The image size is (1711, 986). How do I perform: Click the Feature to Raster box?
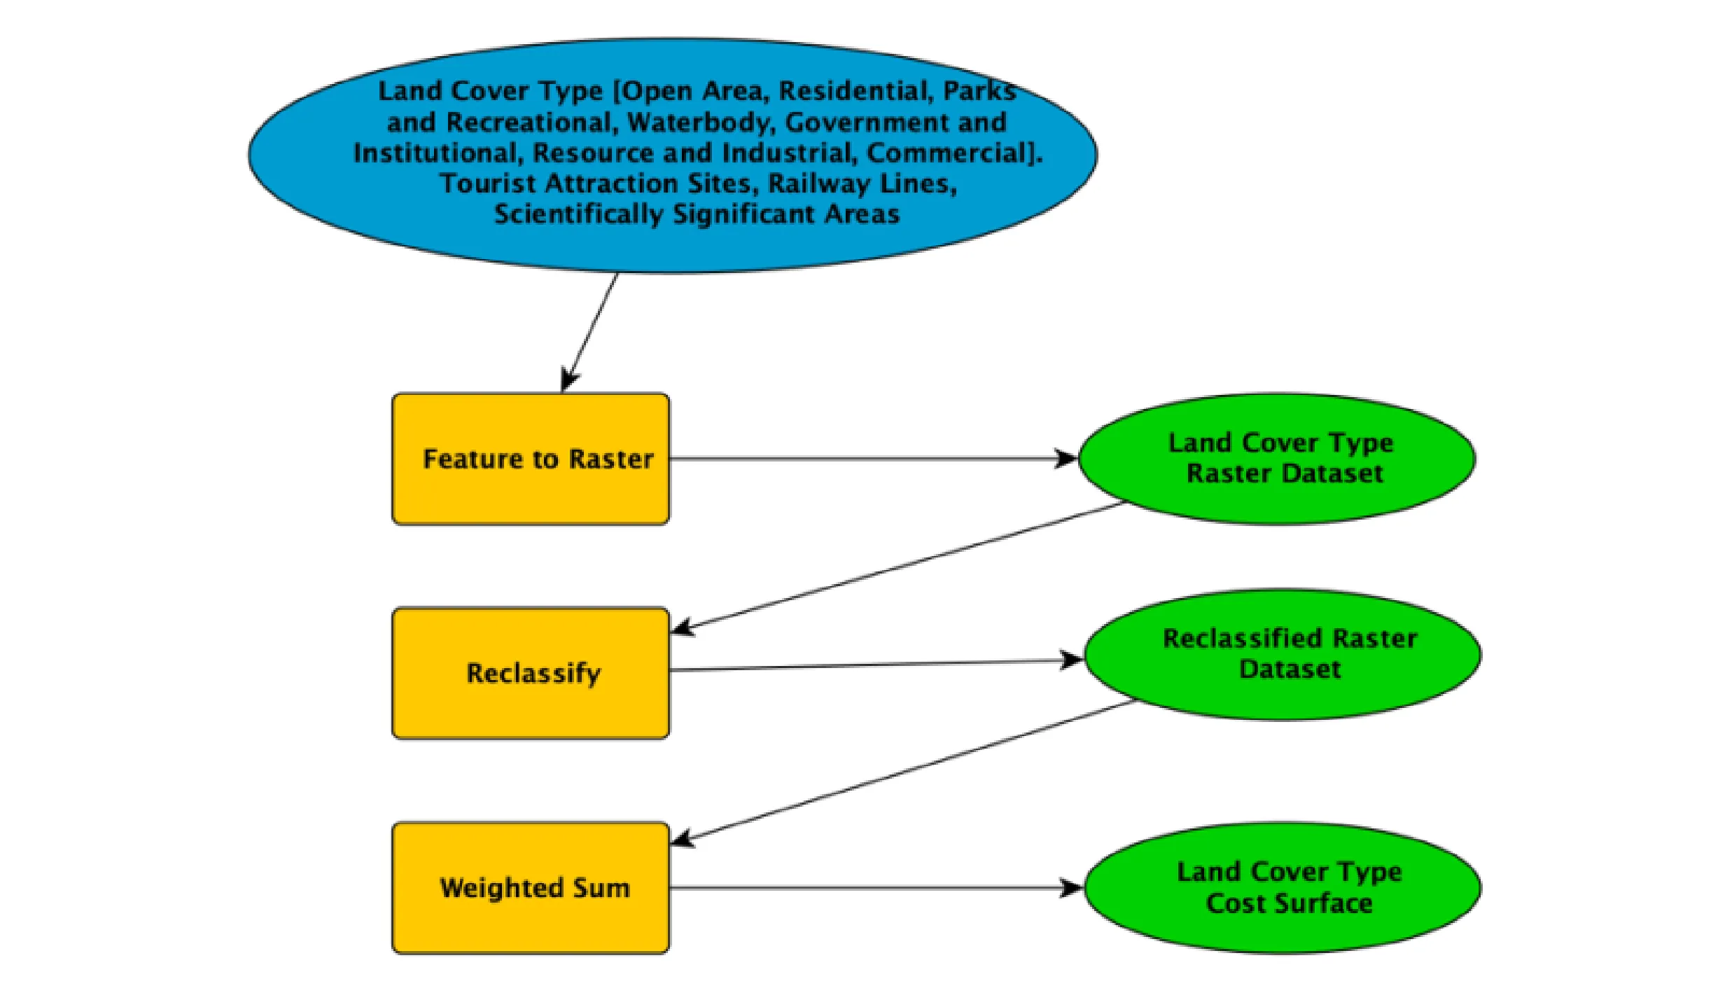pyautogui.click(x=530, y=459)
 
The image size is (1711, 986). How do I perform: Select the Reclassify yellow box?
pyautogui.click(x=530, y=673)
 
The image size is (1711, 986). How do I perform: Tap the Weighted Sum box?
pyautogui.click(x=530, y=887)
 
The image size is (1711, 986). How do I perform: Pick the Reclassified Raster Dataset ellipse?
pyautogui.click(x=1283, y=653)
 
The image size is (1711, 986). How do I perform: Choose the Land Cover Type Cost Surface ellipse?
pyautogui.click(x=1283, y=887)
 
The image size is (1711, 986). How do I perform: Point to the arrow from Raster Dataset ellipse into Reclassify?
pyautogui.click(x=896, y=566)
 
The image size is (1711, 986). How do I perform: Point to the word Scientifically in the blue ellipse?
pyautogui.click(x=578, y=214)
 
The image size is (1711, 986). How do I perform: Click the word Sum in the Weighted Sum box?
pyautogui.click(x=601, y=887)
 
